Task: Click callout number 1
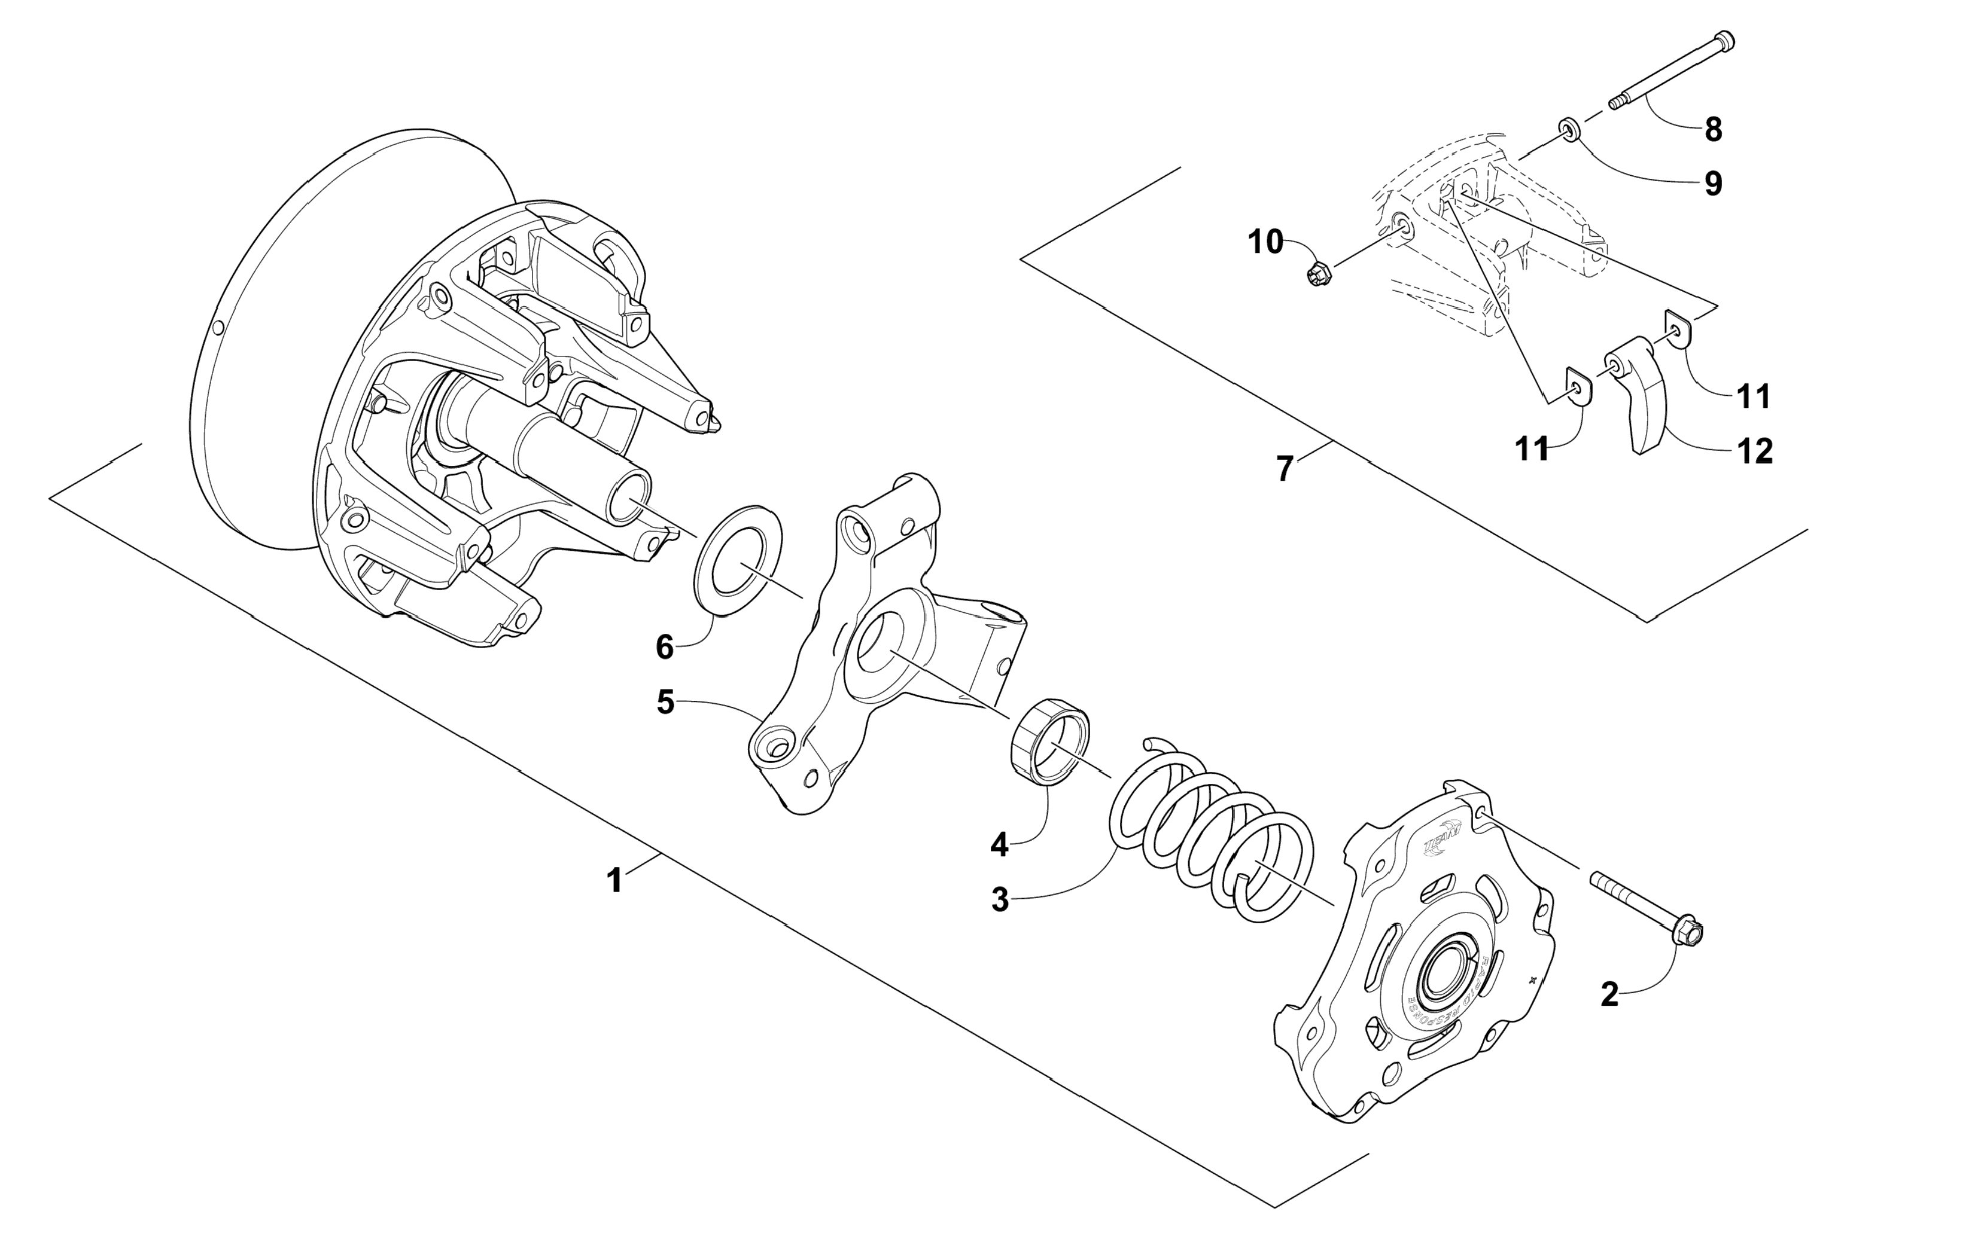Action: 615,881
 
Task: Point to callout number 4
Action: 999,846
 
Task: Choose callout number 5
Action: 666,702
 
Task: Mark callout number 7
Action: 1284,469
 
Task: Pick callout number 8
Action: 1713,129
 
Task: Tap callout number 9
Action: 1713,184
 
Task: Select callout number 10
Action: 1266,242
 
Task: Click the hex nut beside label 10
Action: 1317,273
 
